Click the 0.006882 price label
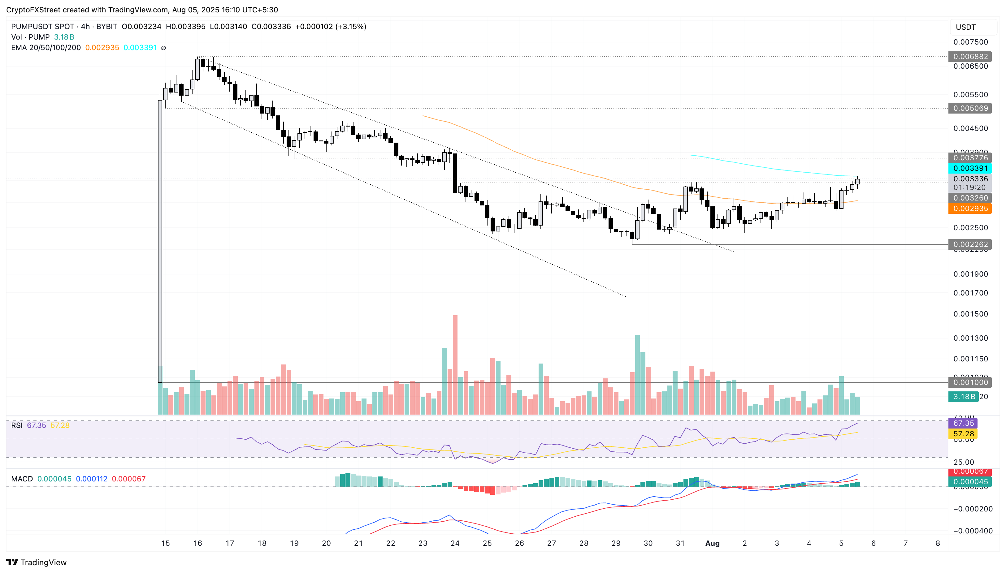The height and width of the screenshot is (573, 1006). [x=970, y=57]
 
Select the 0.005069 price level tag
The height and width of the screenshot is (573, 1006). [x=970, y=108]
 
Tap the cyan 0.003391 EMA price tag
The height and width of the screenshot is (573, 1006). [x=970, y=168]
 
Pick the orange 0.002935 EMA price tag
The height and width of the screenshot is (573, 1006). [x=970, y=209]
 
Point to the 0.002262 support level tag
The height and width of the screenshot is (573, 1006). [x=970, y=244]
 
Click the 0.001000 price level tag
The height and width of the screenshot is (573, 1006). [x=970, y=382]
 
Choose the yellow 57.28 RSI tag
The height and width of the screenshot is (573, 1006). [x=963, y=434]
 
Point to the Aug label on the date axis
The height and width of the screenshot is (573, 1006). [x=712, y=544]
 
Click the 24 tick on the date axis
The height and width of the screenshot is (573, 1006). [x=455, y=544]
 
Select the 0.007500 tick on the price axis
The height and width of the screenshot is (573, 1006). [x=970, y=42]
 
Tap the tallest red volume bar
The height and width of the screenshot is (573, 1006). [x=455, y=364]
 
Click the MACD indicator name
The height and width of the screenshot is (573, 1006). [x=22, y=479]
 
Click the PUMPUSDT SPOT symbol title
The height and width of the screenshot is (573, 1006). [x=42, y=27]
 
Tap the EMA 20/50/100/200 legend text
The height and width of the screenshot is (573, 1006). [x=46, y=48]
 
